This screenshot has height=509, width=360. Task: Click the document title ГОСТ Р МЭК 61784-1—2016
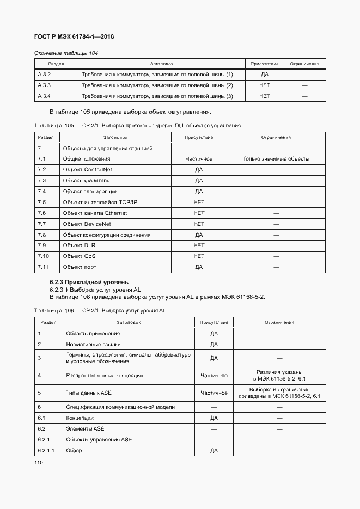click(x=74, y=37)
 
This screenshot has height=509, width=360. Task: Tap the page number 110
click(x=38, y=463)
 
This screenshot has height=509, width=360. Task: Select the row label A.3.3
click(x=44, y=85)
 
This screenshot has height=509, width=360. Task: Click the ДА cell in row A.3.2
click(x=265, y=75)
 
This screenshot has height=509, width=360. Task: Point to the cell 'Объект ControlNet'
click(x=87, y=170)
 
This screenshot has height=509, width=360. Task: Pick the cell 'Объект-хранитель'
click(x=86, y=181)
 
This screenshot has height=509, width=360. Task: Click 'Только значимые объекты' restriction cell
click(x=276, y=159)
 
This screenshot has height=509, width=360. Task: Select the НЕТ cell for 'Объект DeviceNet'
click(x=199, y=224)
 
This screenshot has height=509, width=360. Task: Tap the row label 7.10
click(x=43, y=256)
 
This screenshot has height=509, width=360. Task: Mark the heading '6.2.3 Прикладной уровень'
click(x=89, y=282)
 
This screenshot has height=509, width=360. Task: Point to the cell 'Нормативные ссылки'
click(x=93, y=344)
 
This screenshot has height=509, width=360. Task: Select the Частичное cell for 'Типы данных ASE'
click(x=214, y=393)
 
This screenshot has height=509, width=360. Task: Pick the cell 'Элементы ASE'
click(x=85, y=428)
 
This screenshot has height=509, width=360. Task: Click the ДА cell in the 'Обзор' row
click(x=214, y=450)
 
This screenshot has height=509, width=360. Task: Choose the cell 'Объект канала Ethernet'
click(x=95, y=213)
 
